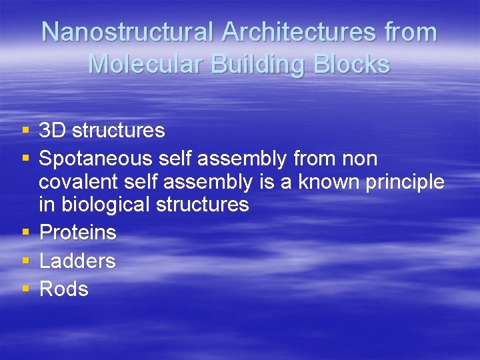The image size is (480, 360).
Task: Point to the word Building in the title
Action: tap(241, 64)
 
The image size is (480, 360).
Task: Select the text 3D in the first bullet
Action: tap(53, 130)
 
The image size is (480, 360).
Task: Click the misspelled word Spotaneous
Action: tap(97, 159)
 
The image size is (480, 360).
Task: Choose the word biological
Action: tap(106, 205)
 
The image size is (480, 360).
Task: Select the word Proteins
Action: tap(77, 233)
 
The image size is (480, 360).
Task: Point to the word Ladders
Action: tap(77, 261)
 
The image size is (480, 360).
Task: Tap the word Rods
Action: tap(64, 289)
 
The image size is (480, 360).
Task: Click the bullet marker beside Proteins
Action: tap(25, 233)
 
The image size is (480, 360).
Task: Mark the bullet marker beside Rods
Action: tap(25, 289)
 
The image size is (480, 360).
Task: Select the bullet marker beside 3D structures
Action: tap(25, 130)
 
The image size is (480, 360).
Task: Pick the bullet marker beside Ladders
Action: tap(25, 261)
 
